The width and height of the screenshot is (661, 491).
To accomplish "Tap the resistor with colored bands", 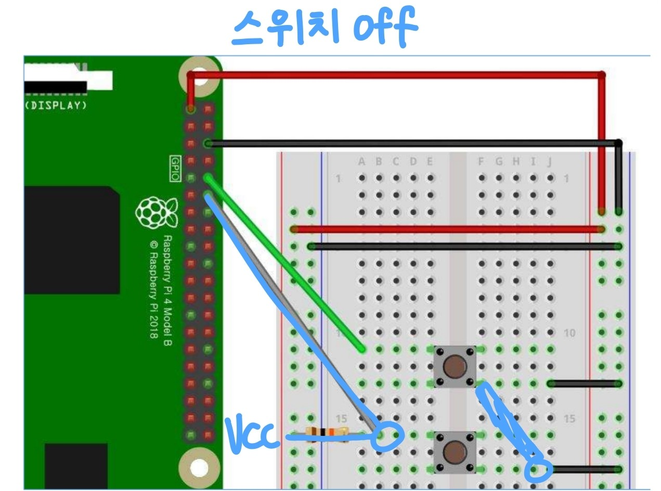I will [327, 432].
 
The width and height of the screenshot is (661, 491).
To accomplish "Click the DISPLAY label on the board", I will [56, 105].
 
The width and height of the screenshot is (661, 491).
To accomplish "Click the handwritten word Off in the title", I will [385, 28].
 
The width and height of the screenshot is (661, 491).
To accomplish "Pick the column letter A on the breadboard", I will [361, 162].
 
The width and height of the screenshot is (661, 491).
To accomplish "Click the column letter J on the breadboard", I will [549, 162].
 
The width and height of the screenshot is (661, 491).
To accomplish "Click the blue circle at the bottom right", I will [538, 470].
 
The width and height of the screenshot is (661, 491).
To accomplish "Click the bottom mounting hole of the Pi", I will [199, 468].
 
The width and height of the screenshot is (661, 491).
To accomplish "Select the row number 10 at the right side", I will [569, 333].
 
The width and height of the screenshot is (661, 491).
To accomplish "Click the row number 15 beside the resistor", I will [341, 419].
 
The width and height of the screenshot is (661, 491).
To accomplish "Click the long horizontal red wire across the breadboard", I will [447, 229].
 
